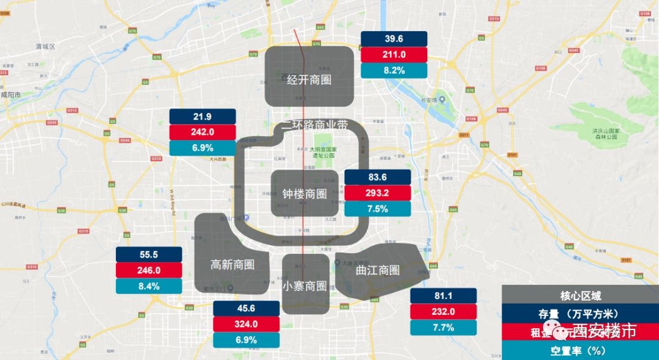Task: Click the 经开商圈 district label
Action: (x=309, y=79)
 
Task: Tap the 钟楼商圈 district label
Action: (x=304, y=193)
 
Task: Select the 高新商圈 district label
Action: (x=232, y=264)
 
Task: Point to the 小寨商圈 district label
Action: (x=305, y=286)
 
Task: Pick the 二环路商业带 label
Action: (x=315, y=125)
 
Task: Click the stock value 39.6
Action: (x=394, y=38)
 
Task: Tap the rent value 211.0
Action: (x=394, y=54)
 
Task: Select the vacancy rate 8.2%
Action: (x=394, y=70)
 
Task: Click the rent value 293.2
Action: (x=378, y=193)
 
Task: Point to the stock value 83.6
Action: (x=378, y=177)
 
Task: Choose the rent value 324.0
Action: (x=246, y=324)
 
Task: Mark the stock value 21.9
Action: (x=202, y=117)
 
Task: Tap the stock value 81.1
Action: (x=444, y=296)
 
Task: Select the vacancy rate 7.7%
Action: (x=444, y=328)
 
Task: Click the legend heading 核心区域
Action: (x=580, y=296)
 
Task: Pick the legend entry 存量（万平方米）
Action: (x=580, y=314)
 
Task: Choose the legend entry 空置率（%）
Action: (x=580, y=351)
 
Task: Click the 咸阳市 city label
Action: (x=10, y=95)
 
